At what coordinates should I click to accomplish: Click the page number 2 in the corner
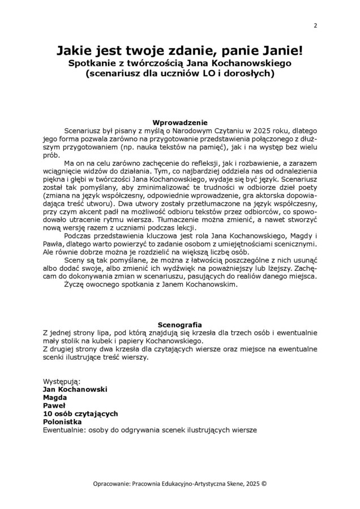click(315, 25)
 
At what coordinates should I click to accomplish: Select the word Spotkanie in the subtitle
click(93, 63)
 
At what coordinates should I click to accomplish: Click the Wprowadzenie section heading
click(180, 122)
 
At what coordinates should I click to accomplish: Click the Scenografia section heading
click(180, 325)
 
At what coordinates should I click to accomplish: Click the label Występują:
click(62, 382)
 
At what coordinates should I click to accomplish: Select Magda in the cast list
click(55, 398)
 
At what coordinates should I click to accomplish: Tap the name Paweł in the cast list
click(54, 406)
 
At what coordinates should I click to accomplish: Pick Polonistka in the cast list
click(62, 421)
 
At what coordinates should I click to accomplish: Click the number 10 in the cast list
click(48, 413)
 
